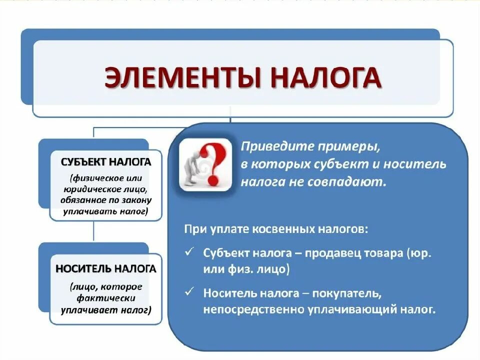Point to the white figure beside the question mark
click(x=192, y=167)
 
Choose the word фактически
click(x=106, y=298)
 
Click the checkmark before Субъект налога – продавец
click(x=189, y=252)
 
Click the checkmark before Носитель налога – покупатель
click(x=189, y=290)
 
